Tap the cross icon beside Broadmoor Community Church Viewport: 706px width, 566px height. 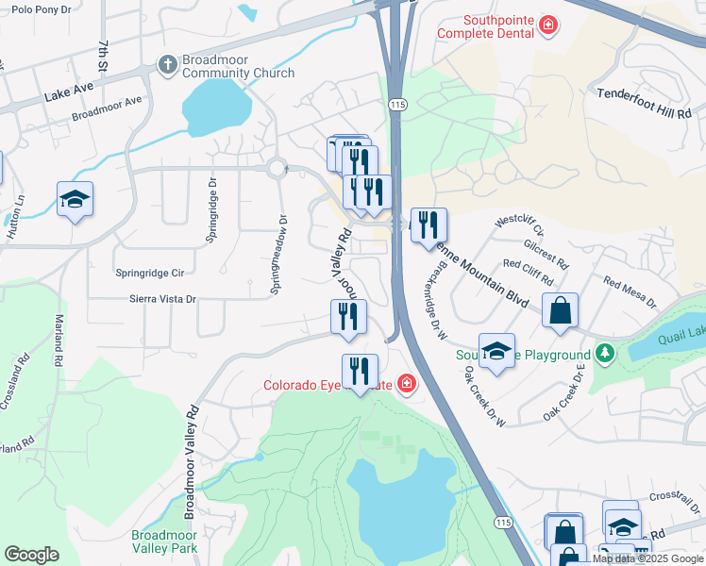(167, 65)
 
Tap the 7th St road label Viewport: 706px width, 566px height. (103, 56)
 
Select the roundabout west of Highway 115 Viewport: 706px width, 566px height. (277, 169)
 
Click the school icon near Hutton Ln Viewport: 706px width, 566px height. (75, 199)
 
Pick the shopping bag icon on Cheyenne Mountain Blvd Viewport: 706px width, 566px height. (561, 310)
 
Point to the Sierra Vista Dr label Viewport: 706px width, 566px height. (161, 299)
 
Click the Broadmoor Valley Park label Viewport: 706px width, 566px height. (164, 541)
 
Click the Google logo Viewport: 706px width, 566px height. (32, 555)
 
